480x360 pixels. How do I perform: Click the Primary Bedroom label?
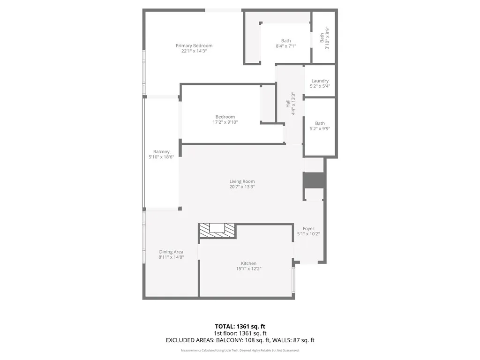pyautogui.click(x=194, y=45)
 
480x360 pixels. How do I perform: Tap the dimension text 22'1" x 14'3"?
pyautogui.click(x=194, y=51)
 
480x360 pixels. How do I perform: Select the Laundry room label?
pyautogui.click(x=320, y=81)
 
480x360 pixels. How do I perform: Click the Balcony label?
pyautogui.click(x=161, y=151)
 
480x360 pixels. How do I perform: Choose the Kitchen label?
pyautogui.click(x=248, y=263)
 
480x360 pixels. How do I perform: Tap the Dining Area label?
pyautogui.click(x=171, y=252)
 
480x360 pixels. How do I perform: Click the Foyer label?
pyautogui.click(x=308, y=228)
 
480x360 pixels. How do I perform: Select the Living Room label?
pyautogui.click(x=242, y=181)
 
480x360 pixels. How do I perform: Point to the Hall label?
pyautogui.click(x=288, y=103)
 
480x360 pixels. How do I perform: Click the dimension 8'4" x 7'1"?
pyautogui.click(x=285, y=46)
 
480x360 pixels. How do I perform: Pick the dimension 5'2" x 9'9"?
pyautogui.click(x=320, y=129)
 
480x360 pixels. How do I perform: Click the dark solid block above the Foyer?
pyautogui.click(x=314, y=180)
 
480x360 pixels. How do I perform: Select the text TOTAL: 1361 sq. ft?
pyautogui.click(x=240, y=326)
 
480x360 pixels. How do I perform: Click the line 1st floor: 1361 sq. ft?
pyautogui.click(x=240, y=333)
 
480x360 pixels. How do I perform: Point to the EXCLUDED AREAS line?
pyautogui.click(x=240, y=340)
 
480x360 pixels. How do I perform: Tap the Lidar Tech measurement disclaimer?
pyautogui.click(x=240, y=350)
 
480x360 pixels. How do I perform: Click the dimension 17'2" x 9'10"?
pyautogui.click(x=225, y=122)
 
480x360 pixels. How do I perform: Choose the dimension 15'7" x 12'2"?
pyautogui.click(x=248, y=269)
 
